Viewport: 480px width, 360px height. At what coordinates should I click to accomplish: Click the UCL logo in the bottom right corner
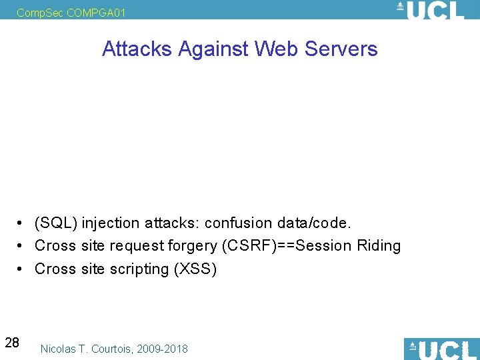(441, 349)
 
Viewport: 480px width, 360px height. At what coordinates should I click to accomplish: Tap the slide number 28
(12, 343)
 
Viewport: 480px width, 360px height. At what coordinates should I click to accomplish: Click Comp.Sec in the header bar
(40, 13)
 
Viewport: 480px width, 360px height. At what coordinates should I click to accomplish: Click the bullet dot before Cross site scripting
(22, 269)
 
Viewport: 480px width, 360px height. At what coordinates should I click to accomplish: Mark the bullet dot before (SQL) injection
(22, 223)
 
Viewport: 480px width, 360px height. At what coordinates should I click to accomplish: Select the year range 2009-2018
(163, 349)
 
